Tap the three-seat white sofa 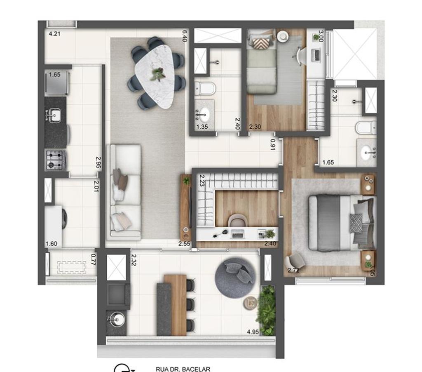(124, 192)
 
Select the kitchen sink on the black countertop (55, 115)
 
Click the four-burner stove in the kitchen (55, 160)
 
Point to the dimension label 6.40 (185, 35)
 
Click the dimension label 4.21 (54, 34)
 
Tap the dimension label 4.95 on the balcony (253, 332)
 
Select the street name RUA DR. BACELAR (183, 369)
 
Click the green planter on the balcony (267, 310)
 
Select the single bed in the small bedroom (262, 61)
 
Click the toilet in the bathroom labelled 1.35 (205, 89)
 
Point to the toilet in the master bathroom (366, 128)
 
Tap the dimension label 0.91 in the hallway (273, 144)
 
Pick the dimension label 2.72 (293, 271)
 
